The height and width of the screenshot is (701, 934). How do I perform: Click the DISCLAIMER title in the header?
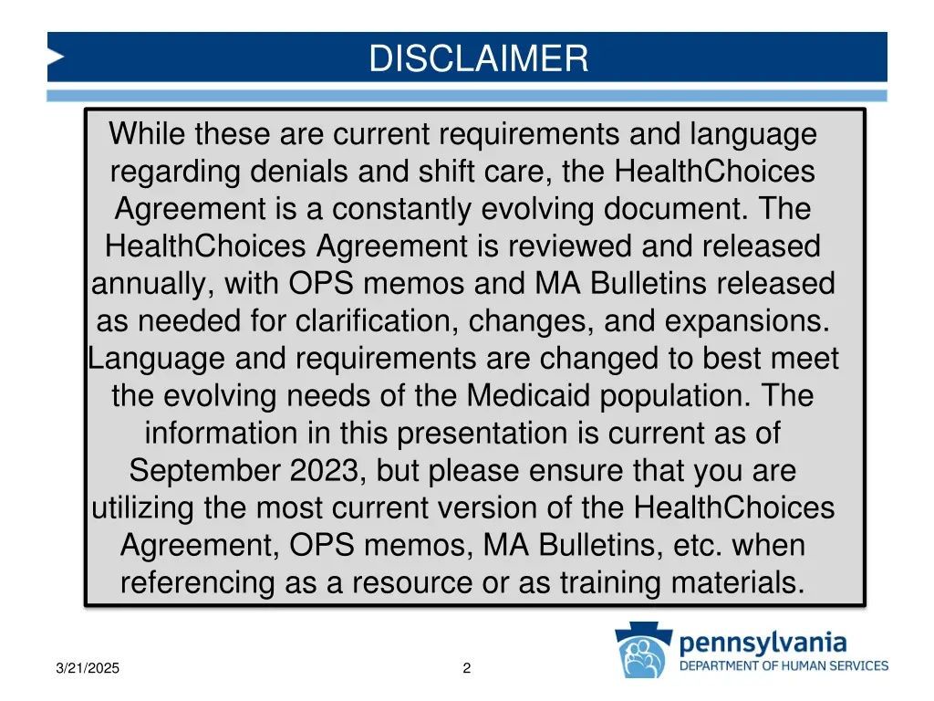pos(479,58)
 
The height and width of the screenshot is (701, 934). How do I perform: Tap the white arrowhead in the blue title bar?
pos(56,58)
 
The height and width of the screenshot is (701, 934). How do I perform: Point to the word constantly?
pos(397,209)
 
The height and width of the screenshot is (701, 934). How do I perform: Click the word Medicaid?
pos(528,396)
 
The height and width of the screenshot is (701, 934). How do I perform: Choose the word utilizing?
pos(151,507)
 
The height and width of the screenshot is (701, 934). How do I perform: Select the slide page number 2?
pos(467,668)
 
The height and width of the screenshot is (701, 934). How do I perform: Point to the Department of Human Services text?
pos(784,665)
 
